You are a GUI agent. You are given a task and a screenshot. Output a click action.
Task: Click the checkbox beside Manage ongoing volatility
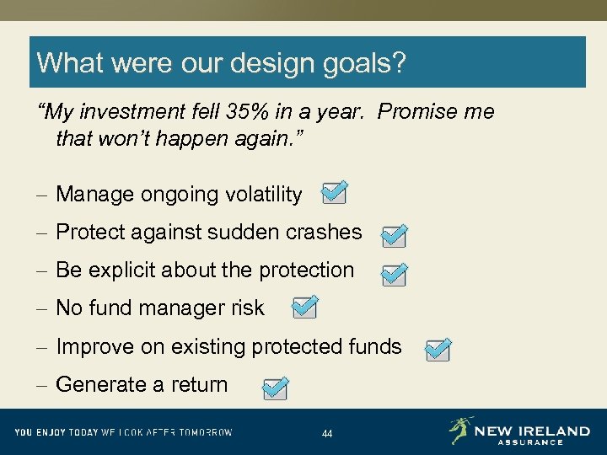[333, 194]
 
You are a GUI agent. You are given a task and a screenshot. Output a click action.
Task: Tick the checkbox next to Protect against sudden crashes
[394, 237]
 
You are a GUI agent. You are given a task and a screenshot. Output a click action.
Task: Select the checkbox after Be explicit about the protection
[394, 276]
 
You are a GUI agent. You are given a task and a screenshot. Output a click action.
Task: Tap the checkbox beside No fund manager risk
[304, 308]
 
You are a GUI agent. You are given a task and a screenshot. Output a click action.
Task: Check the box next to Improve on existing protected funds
[438, 351]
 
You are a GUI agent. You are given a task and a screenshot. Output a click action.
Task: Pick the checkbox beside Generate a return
[274, 389]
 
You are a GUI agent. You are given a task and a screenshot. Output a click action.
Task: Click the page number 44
[327, 434]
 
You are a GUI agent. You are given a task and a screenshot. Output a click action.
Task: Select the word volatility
[261, 195]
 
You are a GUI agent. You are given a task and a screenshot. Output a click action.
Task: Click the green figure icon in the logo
[460, 431]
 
